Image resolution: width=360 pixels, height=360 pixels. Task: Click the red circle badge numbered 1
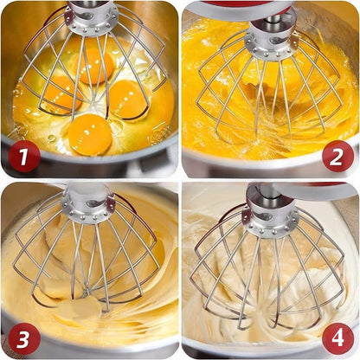pos(23,156)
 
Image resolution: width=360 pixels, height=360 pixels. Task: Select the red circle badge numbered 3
pos(23,336)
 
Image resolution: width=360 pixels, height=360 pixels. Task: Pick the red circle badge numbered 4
pos(337,337)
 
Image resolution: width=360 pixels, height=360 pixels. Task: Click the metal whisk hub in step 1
pos(92,17)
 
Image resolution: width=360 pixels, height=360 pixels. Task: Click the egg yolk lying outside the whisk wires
pos(90,134)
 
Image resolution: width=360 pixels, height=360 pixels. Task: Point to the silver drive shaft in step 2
pos(265,18)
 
